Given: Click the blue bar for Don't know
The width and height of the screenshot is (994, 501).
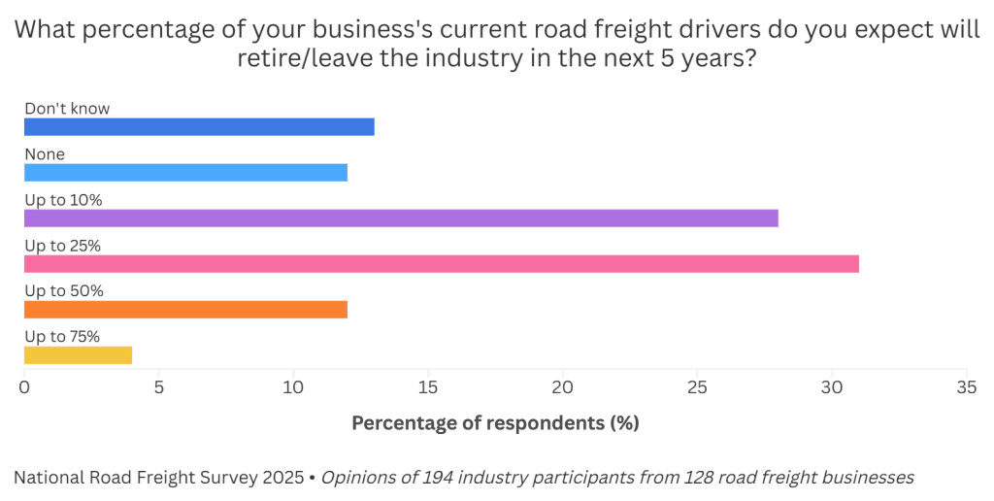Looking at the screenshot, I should click(199, 127).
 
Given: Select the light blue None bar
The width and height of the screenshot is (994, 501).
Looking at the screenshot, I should click(185, 173).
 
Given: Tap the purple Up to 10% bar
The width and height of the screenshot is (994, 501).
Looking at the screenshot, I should click(401, 218).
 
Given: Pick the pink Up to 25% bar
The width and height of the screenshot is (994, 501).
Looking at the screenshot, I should click(442, 264).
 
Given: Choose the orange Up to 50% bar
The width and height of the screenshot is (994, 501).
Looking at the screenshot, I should click(185, 310).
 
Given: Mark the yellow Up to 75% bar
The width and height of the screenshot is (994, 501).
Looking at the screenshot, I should click(78, 355).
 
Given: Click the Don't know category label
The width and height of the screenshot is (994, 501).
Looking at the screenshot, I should click(67, 109).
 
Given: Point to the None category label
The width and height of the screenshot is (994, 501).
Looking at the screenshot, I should click(45, 154).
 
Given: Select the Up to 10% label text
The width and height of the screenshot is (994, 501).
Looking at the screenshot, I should click(63, 200).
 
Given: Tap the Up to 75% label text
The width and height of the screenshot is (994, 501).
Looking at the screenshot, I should click(62, 337).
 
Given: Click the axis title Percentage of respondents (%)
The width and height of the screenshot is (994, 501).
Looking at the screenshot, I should click(495, 423).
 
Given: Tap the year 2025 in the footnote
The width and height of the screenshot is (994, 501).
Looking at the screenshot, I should click(282, 478).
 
